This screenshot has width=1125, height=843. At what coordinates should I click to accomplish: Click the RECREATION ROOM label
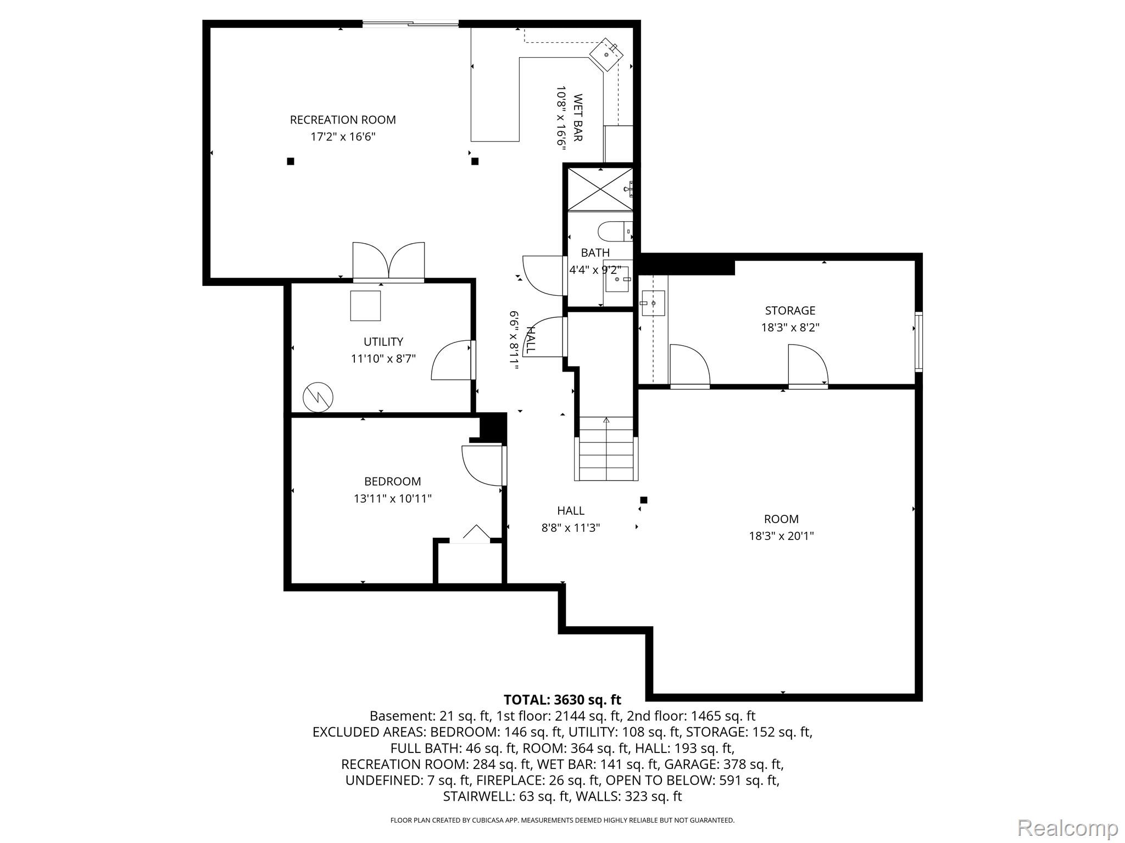343,120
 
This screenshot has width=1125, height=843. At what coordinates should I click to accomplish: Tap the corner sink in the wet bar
606,54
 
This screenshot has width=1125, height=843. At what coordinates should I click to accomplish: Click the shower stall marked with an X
599,189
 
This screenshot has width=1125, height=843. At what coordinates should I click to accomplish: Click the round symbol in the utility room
318,396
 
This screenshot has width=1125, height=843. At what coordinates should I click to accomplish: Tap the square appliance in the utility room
365,306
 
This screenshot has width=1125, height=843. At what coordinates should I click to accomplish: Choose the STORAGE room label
790,311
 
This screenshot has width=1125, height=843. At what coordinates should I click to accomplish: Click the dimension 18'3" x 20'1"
781,536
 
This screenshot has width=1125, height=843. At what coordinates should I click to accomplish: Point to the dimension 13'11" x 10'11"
392,499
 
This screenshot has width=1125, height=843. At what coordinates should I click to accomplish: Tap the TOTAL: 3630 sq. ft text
562,700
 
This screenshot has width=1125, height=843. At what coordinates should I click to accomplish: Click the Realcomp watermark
1067,828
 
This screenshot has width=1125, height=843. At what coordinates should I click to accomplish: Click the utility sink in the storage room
653,303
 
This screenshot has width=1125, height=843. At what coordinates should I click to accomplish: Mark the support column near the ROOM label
644,500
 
